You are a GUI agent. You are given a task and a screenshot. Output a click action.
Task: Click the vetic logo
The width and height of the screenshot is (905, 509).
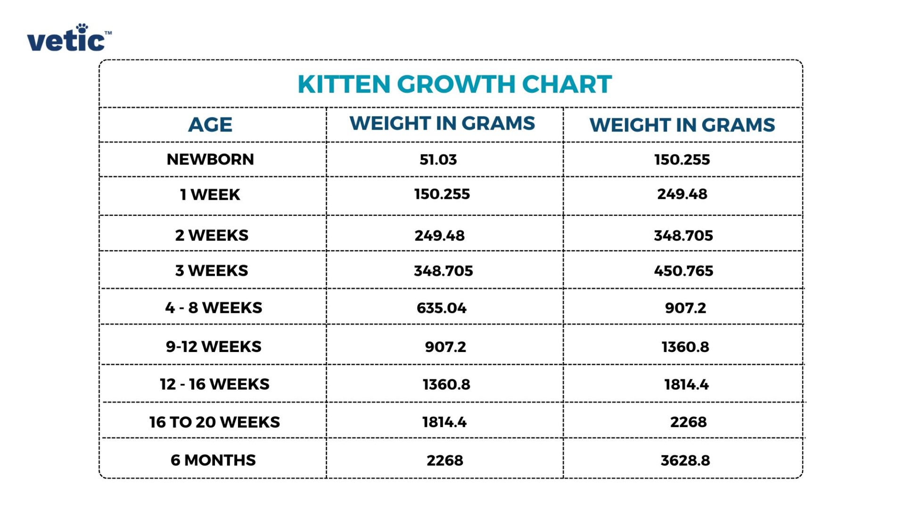tap(69, 39)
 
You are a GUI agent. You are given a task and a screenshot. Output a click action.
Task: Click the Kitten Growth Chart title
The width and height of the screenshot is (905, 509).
tap(454, 84)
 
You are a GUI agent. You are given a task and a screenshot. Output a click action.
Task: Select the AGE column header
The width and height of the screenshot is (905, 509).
tap(210, 125)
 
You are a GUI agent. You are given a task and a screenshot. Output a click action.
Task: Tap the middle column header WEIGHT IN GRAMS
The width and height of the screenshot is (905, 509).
tap(442, 123)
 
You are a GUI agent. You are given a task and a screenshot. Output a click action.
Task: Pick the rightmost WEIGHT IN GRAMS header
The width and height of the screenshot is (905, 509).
tap(682, 125)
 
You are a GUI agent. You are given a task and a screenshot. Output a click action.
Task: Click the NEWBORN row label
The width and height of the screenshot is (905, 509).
tap(210, 159)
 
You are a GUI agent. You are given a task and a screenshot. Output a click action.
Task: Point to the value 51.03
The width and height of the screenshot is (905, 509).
tap(438, 159)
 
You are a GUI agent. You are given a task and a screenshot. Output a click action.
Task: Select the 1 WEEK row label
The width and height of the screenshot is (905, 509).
tap(210, 195)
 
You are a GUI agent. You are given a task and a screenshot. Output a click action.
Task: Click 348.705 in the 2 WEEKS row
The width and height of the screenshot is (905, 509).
tap(683, 235)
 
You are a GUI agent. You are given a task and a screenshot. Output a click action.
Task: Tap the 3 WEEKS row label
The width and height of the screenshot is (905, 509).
tap(212, 271)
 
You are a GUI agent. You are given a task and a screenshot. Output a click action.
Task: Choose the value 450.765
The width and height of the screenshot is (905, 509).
tap(683, 271)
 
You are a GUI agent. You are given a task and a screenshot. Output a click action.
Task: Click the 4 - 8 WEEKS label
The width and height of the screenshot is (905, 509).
tap(214, 308)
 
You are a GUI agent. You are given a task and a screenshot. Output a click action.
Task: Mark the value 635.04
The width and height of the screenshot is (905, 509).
tap(442, 308)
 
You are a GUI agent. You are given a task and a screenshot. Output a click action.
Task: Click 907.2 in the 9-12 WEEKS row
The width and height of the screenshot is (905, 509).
tap(445, 347)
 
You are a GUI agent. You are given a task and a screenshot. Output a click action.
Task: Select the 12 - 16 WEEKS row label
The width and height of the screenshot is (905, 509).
tap(214, 384)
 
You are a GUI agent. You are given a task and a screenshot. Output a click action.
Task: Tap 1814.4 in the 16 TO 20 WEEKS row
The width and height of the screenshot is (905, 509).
tap(444, 422)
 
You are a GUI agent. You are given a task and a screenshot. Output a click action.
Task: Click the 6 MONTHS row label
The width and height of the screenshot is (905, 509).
tap(213, 460)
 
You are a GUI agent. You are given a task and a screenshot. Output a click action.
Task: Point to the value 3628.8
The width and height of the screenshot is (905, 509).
tap(685, 460)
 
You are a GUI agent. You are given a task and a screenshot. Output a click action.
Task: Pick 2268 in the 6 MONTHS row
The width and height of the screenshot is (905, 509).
tap(445, 460)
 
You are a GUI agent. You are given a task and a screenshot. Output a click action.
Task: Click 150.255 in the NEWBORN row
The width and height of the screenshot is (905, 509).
tap(682, 159)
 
